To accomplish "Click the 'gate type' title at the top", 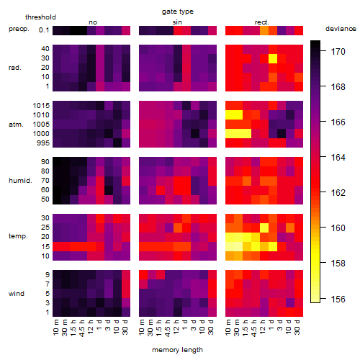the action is pyautogui.click(x=178, y=12).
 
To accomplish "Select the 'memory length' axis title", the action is pyautogui.click(x=177, y=350).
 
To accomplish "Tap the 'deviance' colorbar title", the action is pyautogui.click(x=341, y=29).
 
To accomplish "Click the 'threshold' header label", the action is pyautogui.click(x=40, y=17).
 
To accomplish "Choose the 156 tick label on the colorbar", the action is pyautogui.click(x=338, y=299).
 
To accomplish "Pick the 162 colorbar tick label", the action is pyautogui.click(x=338, y=192).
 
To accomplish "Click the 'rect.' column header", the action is pyautogui.click(x=261, y=22).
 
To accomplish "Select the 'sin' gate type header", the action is pyautogui.click(x=177, y=22).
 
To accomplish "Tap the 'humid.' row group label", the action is pyautogui.click(x=20, y=181).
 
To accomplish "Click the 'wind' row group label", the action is pyautogui.click(x=17, y=294).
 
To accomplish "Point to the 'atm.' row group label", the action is pyautogui.click(x=16, y=125).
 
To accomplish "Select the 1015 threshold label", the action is pyautogui.click(x=41, y=106).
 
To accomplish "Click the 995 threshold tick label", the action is pyautogui.click(x=43, y=143).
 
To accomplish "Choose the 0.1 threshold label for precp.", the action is pyautogui.click(x=44, y=30).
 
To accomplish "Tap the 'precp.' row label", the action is pyautogui.click(x=19, y=29).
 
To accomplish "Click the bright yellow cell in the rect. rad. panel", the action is pyautogui.click(x=273, y=58).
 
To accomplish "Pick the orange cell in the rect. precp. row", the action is pyautogui.click(x=264, y=30).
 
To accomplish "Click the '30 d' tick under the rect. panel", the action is pyautogui.click(x=297, y=327).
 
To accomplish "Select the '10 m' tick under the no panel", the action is pyautogui.click(x=55, y=327).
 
